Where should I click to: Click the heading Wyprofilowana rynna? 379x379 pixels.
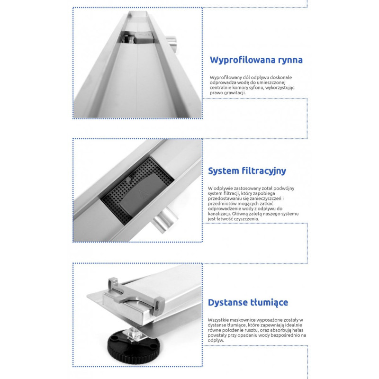pos(256,60)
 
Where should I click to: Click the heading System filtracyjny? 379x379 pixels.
pos(247,171)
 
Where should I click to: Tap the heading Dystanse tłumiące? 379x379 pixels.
pos(248,302)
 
